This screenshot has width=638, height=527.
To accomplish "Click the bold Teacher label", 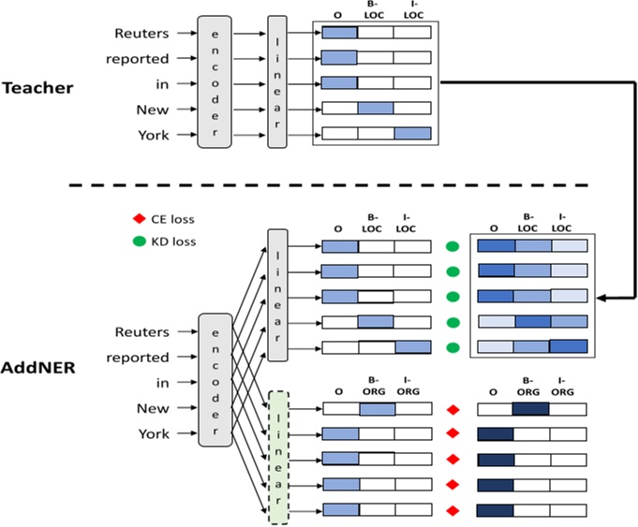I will click(37, 88).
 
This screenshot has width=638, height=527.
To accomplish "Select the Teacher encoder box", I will click(214, 81).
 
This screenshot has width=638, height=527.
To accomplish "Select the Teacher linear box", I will click(277, 81).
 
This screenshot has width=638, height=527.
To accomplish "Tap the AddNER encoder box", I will click(214, 379).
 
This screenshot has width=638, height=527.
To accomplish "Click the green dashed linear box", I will click(278, 458).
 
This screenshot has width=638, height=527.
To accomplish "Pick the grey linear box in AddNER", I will click(278, 294).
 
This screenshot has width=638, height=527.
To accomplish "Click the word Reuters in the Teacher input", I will click(141, 34).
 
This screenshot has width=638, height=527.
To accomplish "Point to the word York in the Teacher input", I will click(153, 135).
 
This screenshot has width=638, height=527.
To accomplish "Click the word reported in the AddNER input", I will click(138, 358).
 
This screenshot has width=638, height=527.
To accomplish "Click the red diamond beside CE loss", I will click(138, 220).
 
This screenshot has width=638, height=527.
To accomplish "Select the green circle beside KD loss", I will click(138, 242).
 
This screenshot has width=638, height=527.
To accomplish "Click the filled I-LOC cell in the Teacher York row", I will click(411, 133).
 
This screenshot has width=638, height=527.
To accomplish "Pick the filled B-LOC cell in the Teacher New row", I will click(376, 108).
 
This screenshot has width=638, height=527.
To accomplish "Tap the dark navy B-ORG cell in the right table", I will click(531, 409).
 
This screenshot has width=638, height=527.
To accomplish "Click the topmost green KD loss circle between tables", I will click(453, 247).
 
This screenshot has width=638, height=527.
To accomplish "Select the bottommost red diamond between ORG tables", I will click(453, 511).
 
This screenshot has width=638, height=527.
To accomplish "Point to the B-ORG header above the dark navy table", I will click(530, 386).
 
